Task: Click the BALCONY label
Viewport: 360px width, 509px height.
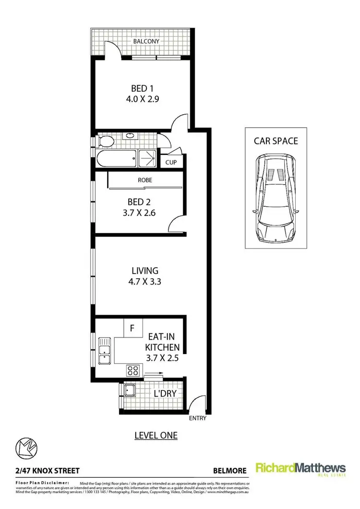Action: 146,41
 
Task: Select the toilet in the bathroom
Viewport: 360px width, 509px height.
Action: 105,142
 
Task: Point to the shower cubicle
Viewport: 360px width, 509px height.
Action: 148,158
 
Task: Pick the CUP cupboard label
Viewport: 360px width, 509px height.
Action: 171,162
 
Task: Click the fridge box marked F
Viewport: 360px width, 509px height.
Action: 133,329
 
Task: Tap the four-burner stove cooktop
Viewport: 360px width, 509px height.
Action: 133,370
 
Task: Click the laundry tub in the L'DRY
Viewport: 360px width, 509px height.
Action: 129,391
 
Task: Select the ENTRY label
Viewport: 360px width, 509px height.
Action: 198,418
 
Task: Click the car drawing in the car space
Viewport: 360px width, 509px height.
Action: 276,198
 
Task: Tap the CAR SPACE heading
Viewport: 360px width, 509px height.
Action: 276,141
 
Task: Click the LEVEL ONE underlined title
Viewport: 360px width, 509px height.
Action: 156,436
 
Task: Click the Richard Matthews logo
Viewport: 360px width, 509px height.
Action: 300,469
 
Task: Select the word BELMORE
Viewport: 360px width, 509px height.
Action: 229,471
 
